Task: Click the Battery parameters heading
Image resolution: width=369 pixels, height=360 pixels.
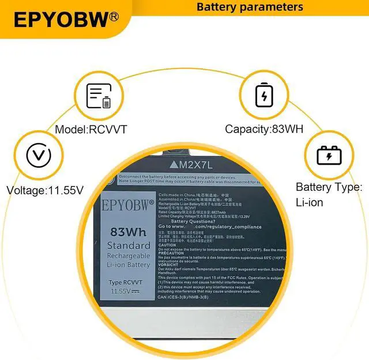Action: tap(250, 7)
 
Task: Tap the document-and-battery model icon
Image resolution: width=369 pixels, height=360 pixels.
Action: tap(99, 96)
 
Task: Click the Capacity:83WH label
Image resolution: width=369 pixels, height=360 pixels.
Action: tap(264, 130)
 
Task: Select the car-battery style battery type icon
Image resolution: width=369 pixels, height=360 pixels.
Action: tap(329, 156)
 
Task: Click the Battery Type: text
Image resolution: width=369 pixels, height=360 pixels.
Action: tap(329, 187)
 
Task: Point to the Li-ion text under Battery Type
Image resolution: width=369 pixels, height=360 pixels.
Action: tap(310, 202)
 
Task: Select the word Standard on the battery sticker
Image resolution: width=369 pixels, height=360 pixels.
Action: tap(128, 246)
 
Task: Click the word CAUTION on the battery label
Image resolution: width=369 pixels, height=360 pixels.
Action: tap(167, 245)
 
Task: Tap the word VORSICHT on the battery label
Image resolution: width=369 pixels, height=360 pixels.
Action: tap(168, 265)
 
